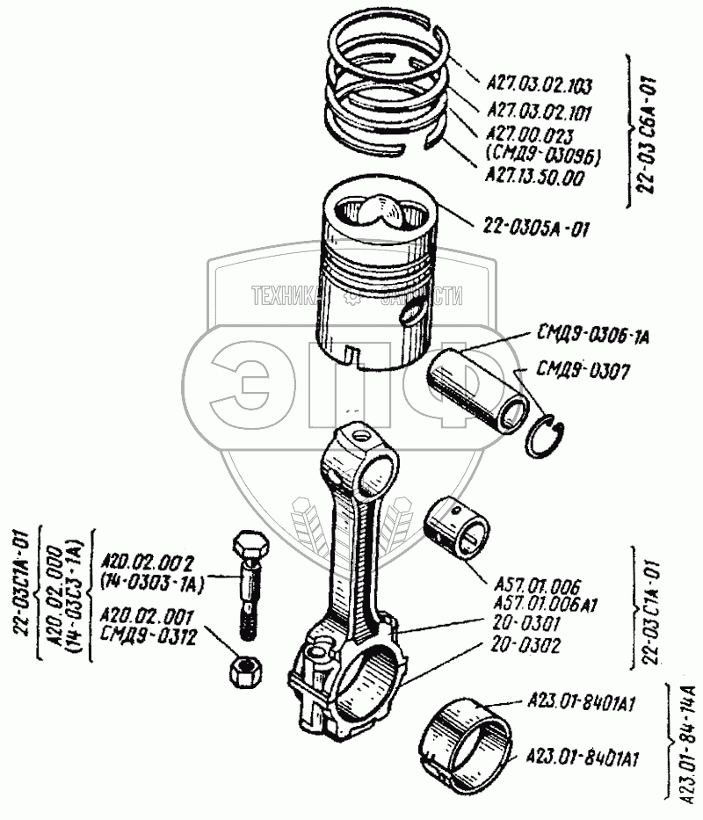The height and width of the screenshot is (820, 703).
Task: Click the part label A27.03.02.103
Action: coord(539,86)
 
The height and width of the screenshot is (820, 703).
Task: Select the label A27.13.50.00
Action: coord(533,177)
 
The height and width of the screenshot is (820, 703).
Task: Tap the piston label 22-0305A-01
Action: coord(534,229)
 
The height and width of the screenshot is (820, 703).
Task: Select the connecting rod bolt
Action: coord(247,584)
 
